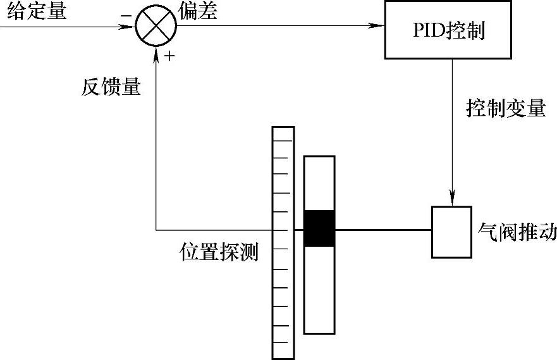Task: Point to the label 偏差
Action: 198,11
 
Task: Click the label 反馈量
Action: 111,87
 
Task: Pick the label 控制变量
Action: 505,109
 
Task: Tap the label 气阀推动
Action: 518,232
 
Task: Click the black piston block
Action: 319,228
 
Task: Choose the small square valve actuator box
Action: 451,232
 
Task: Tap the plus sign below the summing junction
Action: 169,57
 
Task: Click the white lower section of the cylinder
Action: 319,289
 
